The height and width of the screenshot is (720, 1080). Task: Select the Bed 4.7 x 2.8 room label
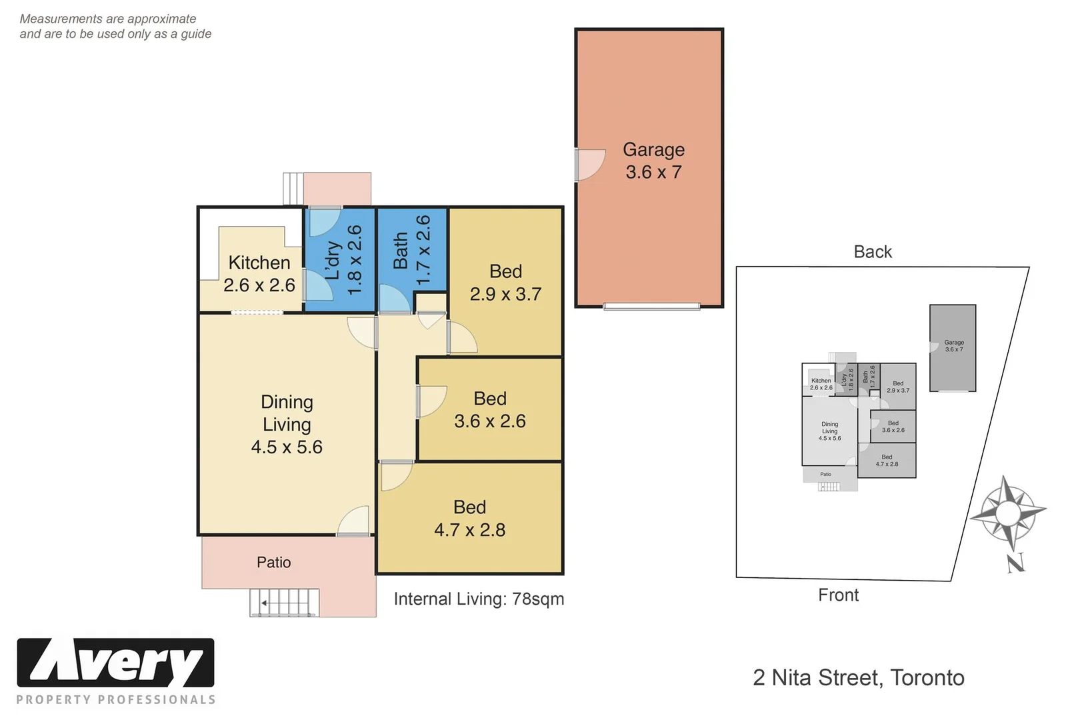469,519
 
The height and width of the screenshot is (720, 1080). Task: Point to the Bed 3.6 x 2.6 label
490,410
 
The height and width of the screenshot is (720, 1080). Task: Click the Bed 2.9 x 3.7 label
505,283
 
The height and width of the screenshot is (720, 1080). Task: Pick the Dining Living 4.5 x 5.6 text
287,425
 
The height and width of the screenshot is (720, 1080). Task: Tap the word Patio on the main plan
273,563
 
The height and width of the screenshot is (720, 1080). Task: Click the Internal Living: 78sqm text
479,599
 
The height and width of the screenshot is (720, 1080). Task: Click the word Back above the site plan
872,252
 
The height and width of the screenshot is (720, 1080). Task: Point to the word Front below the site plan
838,595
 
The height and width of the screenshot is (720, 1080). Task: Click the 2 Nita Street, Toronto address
858,678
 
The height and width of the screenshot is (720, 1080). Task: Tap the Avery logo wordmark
116,663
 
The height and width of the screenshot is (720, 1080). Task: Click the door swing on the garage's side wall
589,165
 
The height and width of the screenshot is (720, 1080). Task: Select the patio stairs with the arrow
283,603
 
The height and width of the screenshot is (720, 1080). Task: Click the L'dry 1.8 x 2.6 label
343,260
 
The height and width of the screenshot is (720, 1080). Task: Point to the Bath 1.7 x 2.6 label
411,251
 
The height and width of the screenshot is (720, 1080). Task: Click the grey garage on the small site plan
953,348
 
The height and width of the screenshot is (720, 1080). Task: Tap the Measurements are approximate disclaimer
115,27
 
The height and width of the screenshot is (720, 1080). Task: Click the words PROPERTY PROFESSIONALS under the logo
116,700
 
